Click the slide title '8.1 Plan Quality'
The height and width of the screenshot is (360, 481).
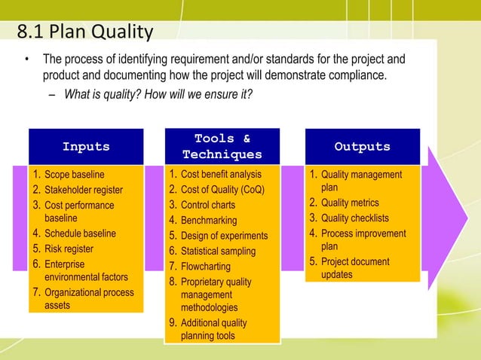(x=84, y=32)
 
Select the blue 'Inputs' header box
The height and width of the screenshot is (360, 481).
(x=85, y=147)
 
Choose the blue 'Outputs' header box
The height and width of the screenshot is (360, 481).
(x=362, y=147)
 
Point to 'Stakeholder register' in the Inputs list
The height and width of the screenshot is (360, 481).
(x=83, y=190)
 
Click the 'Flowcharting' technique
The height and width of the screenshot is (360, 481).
(x=205, y=267)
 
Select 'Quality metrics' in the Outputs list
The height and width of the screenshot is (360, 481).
(x=350, y=203)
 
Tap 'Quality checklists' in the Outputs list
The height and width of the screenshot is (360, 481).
(x=354, y=218)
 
